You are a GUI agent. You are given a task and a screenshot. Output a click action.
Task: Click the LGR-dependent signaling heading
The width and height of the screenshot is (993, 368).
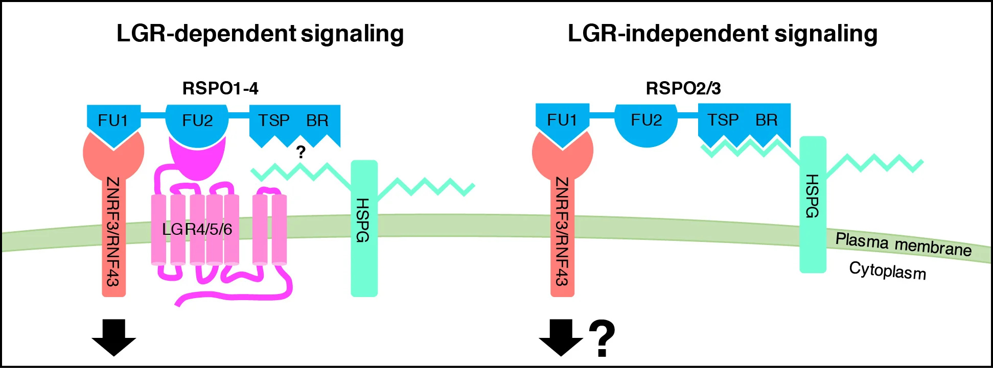coord(260,34)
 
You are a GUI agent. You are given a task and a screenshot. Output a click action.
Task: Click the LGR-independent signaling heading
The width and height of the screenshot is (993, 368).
coord(722,34)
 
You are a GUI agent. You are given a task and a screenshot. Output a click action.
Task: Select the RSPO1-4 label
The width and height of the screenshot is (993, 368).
coord(220,88)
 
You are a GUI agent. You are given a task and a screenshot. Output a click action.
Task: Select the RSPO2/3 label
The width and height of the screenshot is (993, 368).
coord(683,88)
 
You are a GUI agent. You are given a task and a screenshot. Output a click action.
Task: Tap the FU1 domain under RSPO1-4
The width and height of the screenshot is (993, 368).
coord(113,121)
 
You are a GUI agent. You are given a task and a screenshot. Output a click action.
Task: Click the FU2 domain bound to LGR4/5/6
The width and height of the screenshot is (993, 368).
coord(197,121)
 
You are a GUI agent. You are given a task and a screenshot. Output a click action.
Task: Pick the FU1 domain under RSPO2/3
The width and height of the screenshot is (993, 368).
coord(562,120)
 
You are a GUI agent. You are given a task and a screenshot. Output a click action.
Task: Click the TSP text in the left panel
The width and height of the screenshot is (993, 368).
coord(273,120)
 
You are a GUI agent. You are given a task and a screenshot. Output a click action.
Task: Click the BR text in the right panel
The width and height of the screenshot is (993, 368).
coord(766,120)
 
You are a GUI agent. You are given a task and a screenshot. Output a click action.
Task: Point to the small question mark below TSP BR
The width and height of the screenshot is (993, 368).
coord(301,152)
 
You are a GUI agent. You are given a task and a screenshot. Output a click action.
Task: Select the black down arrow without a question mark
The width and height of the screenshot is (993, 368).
coord(113,337)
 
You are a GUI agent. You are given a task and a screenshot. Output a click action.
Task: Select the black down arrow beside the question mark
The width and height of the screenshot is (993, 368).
coord(561,337)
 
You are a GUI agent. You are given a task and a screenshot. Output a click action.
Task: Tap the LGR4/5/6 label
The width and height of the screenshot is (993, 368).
coord(197,229)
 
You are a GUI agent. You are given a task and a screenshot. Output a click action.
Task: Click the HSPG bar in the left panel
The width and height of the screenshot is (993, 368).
coord(363,228)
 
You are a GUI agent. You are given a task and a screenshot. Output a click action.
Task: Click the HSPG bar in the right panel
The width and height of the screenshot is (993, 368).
coord(813,204)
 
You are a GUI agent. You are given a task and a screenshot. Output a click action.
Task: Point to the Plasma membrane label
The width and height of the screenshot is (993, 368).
coord(903,244)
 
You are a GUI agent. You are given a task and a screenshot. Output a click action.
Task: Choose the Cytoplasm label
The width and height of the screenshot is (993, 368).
coord(887,271)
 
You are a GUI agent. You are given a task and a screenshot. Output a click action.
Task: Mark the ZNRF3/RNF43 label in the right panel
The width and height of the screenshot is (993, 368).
coord(562,232)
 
